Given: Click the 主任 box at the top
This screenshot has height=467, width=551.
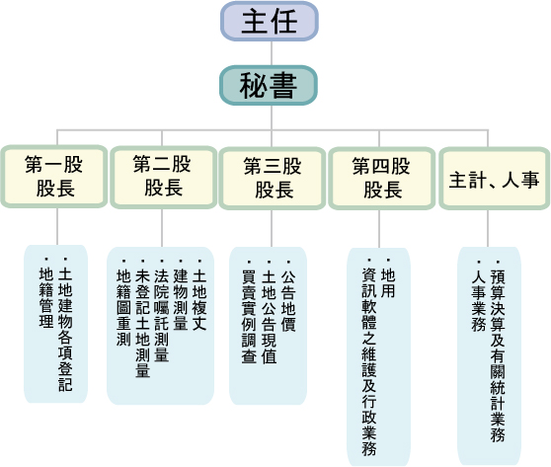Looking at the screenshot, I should [270, 21].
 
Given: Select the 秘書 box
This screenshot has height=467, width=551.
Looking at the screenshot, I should [269, 85].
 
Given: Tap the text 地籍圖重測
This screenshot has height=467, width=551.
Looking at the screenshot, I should [123, 307].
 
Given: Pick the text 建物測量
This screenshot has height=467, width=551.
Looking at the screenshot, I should [180, 297].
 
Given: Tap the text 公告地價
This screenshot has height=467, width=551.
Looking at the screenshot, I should [287, 297].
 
